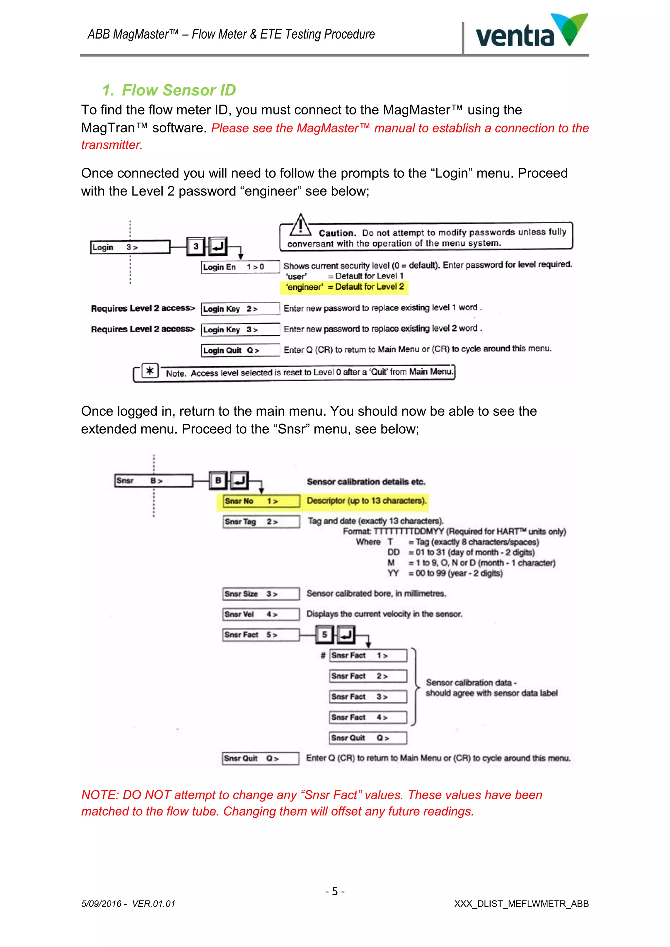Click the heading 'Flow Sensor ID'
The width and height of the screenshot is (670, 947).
coord(178,90)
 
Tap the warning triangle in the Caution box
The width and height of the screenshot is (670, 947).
coord(301,226)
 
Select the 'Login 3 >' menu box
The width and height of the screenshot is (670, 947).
coord(130,247)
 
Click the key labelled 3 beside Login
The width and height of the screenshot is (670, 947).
coord(196,247)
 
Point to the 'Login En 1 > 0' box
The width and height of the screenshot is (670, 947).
coord(240,267)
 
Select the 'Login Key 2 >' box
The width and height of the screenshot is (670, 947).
coord(240,308)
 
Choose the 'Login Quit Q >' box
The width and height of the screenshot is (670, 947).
coord(240,350)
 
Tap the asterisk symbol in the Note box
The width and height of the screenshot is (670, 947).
coord(150,371)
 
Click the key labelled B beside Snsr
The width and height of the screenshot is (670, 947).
coord(218,480)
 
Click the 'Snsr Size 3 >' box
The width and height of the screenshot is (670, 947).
coord(261,594)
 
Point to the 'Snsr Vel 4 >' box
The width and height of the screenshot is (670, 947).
coord(261,614)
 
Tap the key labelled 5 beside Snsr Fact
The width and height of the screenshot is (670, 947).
coord(325,634)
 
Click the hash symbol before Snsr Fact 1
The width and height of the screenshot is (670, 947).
coord(323,655)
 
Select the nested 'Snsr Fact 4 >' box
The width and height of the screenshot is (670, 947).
coord(368,717)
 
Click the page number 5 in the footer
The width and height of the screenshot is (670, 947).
coord(335,891)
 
